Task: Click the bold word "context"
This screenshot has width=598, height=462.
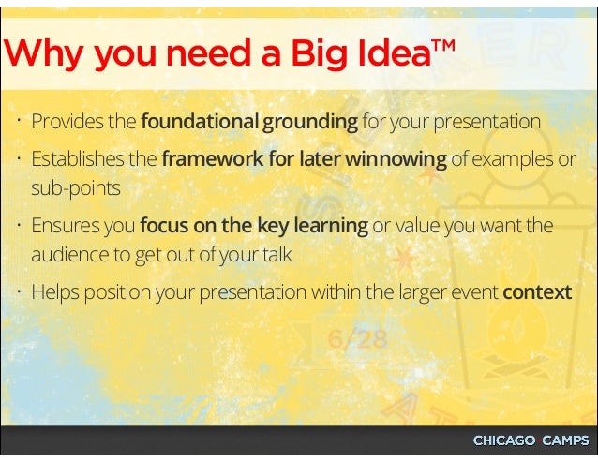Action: point(536,291)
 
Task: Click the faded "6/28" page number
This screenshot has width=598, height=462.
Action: point(357,338)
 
